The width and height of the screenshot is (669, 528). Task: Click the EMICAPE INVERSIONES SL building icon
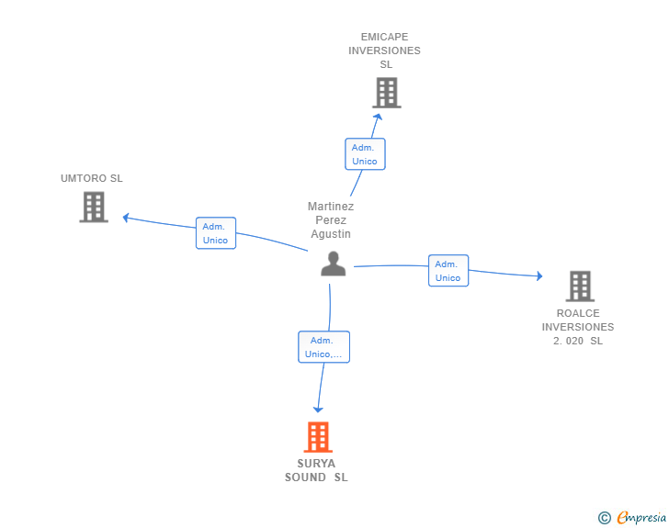click(387, 93)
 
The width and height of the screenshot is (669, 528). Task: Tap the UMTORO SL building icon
click(93, 207)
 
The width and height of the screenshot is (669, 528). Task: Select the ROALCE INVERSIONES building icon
click(579, 286)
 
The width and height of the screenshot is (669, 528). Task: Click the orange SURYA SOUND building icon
click(317, 437)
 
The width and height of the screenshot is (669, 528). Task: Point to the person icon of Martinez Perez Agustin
click(333, 264)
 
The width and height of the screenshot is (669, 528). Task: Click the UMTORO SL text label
click(92, 178)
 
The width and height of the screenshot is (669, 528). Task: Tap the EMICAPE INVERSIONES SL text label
click(384, 51)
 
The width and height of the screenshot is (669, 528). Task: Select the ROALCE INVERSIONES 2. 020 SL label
click(578, 327)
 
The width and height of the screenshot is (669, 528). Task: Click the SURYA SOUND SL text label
click(316, 470)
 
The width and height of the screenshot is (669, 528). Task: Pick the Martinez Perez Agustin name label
click(331, 220)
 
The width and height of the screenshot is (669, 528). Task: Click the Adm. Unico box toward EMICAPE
click(365, 154)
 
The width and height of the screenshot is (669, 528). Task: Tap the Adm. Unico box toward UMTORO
click(215, 233)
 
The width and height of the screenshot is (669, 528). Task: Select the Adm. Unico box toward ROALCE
click(448, 271)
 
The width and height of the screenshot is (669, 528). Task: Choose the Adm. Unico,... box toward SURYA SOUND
click(323, 347)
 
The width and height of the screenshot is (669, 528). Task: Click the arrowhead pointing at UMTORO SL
click(127, 218)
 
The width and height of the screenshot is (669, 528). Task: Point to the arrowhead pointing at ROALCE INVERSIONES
click(539, 275)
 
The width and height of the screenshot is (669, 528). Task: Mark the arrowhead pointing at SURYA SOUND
click(318, 409)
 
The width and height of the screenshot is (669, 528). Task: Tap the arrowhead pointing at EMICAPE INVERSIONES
click(377, 115)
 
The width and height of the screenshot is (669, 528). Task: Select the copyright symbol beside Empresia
click(604, 518)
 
